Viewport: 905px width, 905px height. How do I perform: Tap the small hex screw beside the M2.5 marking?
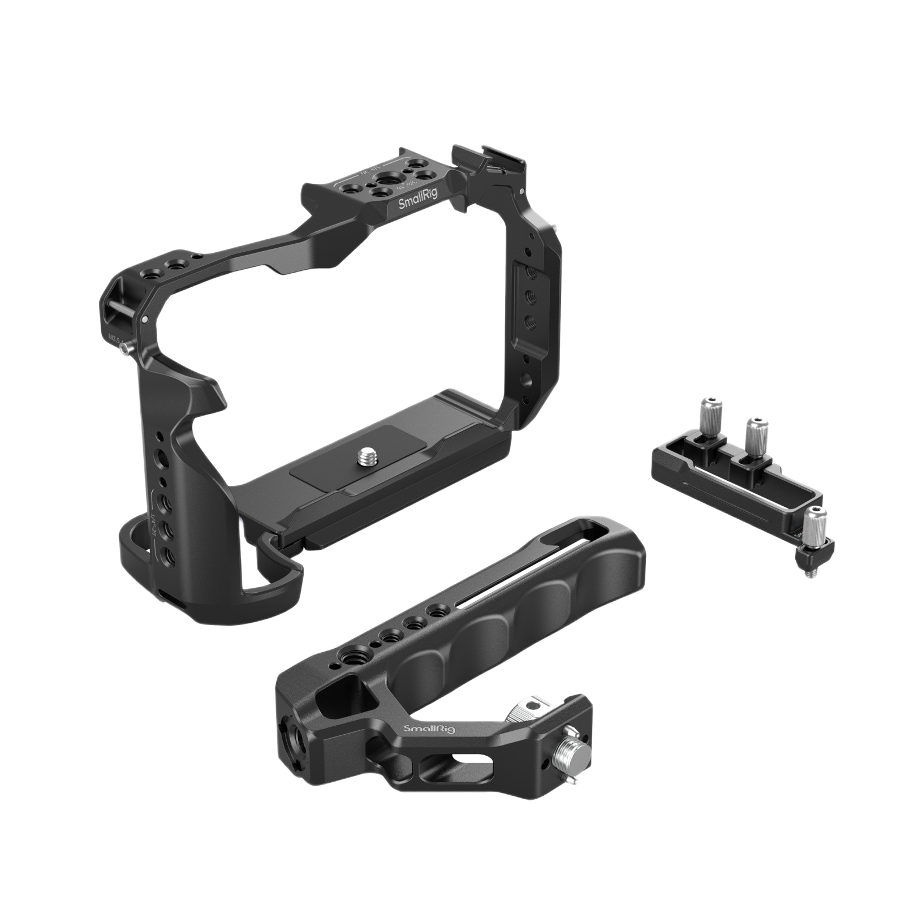[x=124, y=351]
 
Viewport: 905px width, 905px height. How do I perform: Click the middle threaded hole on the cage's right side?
[x=531, y=295]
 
